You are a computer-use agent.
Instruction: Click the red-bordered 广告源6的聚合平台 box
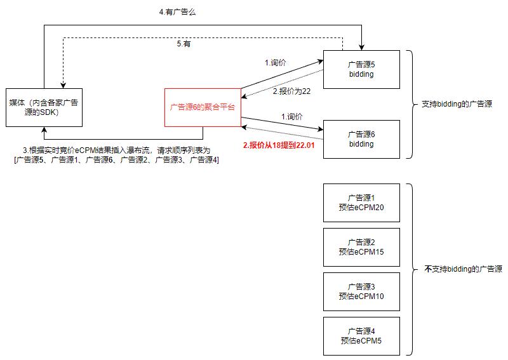[203, 107]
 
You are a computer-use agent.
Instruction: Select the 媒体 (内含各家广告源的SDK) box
[44, 107]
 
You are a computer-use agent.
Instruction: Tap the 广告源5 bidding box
[361, 69]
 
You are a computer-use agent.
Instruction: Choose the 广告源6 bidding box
[361, 139]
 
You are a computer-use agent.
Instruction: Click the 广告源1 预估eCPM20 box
[361, 203]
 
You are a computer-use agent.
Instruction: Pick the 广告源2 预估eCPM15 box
[361, 247]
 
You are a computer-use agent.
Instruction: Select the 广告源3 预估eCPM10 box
[361, 291]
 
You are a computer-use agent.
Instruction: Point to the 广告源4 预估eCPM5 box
[361, 336]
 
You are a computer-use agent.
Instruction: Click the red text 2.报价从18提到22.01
[279, 145]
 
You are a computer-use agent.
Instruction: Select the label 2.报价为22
[291, 91]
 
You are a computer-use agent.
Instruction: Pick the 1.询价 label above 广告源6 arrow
[292, 117]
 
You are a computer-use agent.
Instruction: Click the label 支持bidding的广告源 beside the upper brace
[457, 103]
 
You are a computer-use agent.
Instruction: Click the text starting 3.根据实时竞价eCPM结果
[116, 150]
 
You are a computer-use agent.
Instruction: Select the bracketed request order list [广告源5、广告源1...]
[116, 159]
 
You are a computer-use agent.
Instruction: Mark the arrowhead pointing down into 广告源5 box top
[361, 46]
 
